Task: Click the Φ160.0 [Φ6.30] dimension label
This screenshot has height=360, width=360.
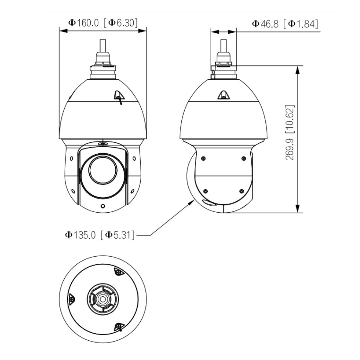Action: pyautogui.click(x=103, y=23)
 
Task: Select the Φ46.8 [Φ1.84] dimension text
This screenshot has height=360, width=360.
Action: pyautogui.click(x=285, y=24)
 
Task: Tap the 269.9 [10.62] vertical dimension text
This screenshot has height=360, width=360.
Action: pyautogui.click(x=290, y=133)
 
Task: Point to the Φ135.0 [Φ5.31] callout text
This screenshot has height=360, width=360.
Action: pyautogui.click(x=100, y=235)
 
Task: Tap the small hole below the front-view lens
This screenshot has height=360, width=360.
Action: pyautogui.click(x=103, y=206)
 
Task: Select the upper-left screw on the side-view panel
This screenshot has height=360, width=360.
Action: pyautogui.click(x=203, y=158)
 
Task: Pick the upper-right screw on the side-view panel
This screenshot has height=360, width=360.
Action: pyautogui.click(x=244, y=158)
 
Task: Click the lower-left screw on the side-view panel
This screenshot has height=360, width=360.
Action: pyautogui.click(x=205, y=191)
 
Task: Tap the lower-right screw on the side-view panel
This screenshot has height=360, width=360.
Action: pyautogui.click(x=241, y=191)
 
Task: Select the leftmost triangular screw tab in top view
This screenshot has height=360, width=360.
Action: pyautogui.click(x=72, y=299)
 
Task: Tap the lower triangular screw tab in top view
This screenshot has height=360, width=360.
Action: pyautogui.click(x=119, y=327)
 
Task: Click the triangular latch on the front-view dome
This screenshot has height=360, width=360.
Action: pyautogui.click(x=119, y=96)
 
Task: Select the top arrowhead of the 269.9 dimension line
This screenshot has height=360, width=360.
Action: pyautogui.click(x=297, y=70)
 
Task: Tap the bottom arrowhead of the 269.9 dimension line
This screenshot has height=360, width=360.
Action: pyautogui.click(x=297, y=208)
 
